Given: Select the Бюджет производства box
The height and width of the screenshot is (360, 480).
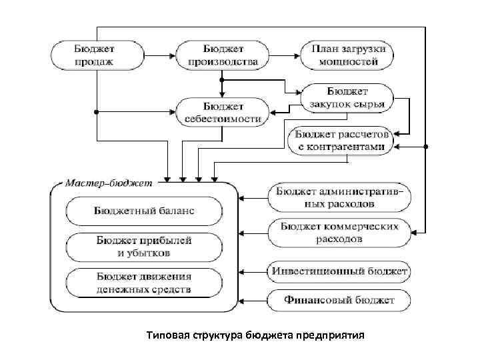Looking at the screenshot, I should (222, 55).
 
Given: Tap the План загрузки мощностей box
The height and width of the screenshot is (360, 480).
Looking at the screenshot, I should (349, 55).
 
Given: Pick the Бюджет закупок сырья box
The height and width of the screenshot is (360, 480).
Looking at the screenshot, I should (348, 97).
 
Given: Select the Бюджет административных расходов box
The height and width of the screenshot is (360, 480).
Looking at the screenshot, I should (341, 196).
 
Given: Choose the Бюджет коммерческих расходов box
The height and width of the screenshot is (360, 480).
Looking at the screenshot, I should (341, 232).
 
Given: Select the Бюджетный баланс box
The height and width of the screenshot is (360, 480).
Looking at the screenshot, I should (144, 211).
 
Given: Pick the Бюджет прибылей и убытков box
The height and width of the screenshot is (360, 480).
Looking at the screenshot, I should (144, 247).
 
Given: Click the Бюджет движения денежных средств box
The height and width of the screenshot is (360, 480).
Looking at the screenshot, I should (144, 283).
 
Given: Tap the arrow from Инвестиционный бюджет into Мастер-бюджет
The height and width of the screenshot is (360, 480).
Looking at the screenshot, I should (253, 271).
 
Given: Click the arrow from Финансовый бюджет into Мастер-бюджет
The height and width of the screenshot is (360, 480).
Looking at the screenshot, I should (253, 299).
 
